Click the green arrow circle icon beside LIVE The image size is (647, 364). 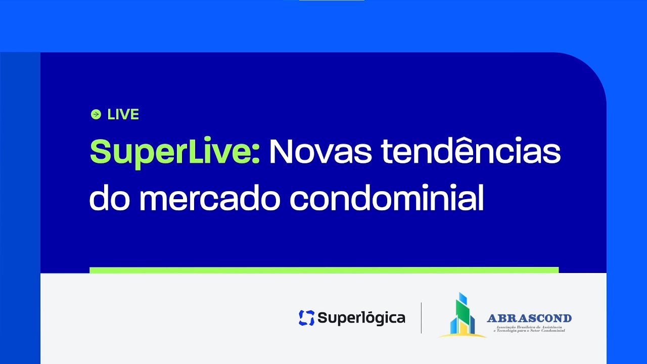tap(96, 114)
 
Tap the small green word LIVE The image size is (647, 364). tap(123, 115)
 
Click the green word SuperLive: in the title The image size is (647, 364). tap(174, 152)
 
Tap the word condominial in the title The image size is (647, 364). tap(387, 199)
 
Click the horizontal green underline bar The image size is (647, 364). tap(324, 270)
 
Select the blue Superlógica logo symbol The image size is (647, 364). tap(306, 317)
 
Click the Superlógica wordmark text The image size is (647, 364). tap(361, 318)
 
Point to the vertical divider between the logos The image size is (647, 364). tap(421, 317)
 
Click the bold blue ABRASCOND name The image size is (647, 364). tap(529, 318)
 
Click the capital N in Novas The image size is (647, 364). tap(281, 151)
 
